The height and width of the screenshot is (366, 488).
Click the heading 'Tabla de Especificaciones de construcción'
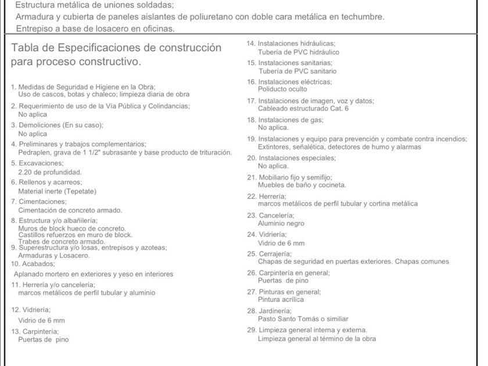116,48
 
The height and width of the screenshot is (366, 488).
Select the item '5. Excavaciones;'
37,163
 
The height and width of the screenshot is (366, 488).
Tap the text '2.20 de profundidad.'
50,172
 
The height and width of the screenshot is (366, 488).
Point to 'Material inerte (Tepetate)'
57,191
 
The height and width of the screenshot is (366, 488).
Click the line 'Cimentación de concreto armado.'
70,210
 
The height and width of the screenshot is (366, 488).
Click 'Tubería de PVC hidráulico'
299,52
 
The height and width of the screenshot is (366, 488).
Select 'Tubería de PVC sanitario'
297,71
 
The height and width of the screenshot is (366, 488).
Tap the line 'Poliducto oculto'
282,89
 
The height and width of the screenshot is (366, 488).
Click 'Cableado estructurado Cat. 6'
303,109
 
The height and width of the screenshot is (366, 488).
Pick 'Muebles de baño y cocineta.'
302,185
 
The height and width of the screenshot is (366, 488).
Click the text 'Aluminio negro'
281,224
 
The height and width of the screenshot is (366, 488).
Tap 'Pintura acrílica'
281,300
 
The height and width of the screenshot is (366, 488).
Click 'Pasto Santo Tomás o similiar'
303,319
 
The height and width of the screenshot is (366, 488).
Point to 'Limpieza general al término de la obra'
317,339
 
